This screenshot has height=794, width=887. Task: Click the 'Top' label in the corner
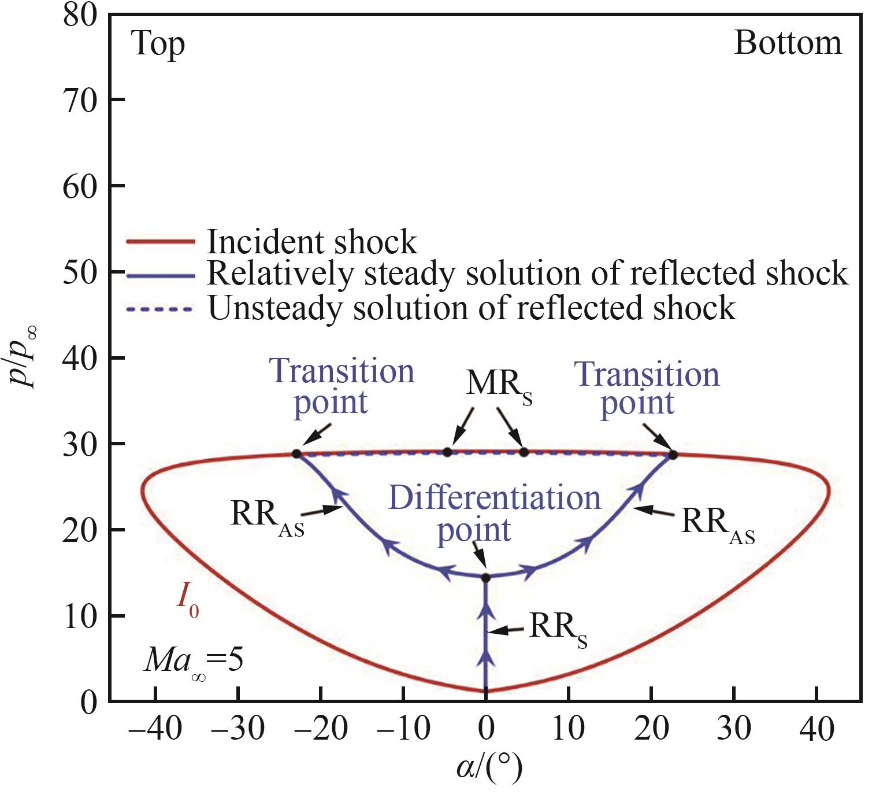click(158, 45)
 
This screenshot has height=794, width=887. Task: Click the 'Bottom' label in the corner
click(788, 43)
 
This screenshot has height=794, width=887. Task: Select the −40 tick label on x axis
click(155, 728)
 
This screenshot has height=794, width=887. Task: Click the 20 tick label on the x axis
click(651, 728)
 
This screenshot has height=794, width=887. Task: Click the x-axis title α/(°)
click(489, 768)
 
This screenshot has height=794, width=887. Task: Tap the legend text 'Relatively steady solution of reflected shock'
click(527, 274)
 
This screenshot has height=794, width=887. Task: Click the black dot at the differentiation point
click(485, 577)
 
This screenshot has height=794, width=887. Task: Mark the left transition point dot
click(296, 454)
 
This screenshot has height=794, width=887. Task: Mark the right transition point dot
click(673, 455)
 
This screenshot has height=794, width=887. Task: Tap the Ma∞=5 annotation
click(193, 660)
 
